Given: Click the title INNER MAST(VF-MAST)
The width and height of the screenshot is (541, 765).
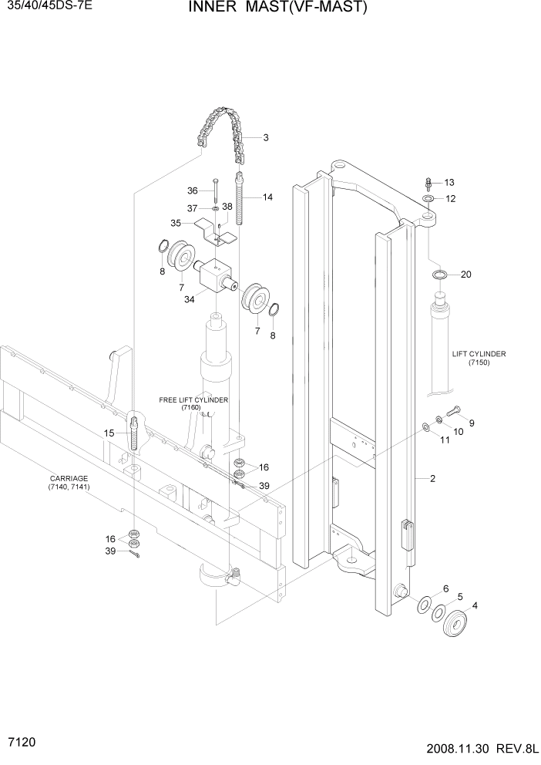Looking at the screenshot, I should click(x=266, y=9).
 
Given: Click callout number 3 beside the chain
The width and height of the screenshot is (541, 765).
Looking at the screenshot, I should click(x=265, y=138).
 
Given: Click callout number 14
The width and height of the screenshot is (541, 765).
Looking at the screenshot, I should click(x=267, y=197).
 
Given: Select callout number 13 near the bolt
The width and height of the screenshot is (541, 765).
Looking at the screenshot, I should click(x=450, y=183).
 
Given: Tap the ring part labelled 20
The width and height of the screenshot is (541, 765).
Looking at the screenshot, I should click(x=439, y=275).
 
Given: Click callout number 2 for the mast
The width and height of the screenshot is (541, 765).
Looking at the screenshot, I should click(x=433, y=479).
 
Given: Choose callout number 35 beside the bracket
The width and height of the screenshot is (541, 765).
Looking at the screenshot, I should click(x=176, y=222).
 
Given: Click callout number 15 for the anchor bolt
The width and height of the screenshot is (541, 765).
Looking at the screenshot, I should click(x=109, y=433).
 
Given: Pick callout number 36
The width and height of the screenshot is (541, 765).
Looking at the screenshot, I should click(x=193, y=190).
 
